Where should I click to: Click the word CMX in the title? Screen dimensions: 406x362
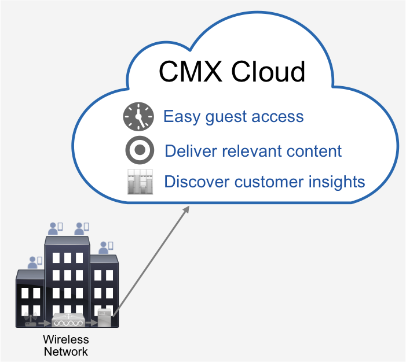pos(191,71)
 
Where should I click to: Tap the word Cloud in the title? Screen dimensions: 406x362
pos(268,71)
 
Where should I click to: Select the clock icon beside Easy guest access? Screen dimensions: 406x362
pos(138,116)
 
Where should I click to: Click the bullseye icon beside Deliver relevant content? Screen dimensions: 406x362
pos(140,150)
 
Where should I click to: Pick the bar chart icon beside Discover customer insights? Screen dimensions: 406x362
pos(140,182)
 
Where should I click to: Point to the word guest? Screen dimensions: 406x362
pos(226,117)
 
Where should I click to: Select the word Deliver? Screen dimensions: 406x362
pos(191,151)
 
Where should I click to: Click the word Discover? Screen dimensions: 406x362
pos(197,182)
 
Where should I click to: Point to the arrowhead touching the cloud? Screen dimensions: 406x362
pos(186,209)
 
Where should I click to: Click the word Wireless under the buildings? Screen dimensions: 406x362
pos(66,339)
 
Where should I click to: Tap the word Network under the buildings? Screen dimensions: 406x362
pos(66,352)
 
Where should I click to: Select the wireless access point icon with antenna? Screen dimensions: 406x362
pos(31,320)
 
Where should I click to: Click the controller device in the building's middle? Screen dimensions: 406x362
pos(68,320)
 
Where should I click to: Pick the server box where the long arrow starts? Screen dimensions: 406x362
pos(104,317)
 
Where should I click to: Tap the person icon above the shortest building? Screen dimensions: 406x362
pos(35,263)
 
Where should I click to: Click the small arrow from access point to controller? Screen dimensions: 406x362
pos(44,323)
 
